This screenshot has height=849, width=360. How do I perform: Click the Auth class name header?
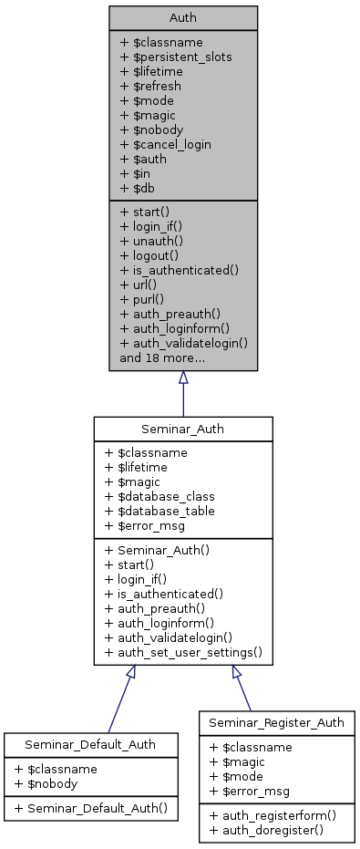(183, 17)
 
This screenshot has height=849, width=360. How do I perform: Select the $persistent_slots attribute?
(176, 57)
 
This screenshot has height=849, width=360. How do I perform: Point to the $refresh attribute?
(150, 86)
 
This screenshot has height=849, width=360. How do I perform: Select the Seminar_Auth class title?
(183, 429)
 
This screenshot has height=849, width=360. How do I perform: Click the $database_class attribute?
(160, 496)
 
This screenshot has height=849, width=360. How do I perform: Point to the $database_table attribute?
(160, 511)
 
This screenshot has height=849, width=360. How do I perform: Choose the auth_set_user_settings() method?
(184, 652)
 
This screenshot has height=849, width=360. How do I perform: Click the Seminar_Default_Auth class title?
(90, 744)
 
